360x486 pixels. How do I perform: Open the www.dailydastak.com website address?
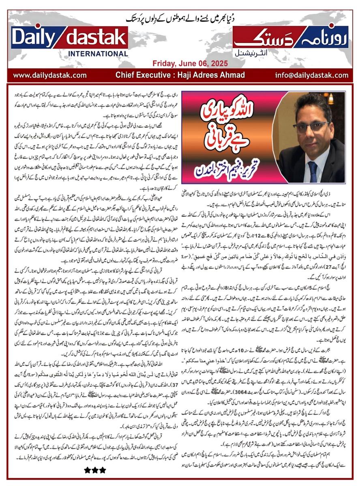coord(49,75)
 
